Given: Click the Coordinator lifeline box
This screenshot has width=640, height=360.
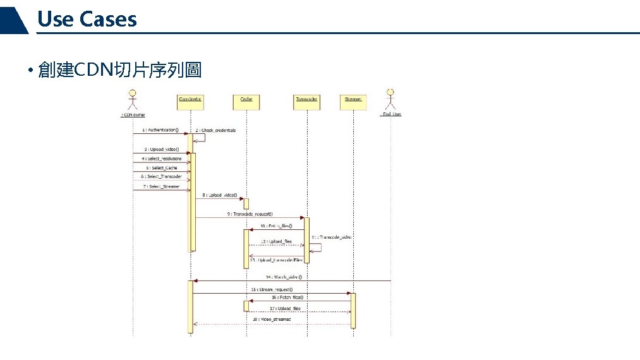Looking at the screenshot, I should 190,101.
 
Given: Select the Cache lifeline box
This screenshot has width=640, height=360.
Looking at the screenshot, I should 246,101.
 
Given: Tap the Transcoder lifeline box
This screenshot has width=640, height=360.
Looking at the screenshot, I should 307,101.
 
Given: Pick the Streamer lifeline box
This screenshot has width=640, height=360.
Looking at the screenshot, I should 353,101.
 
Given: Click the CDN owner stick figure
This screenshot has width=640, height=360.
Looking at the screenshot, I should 133,99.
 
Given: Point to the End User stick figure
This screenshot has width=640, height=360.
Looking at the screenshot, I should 391,99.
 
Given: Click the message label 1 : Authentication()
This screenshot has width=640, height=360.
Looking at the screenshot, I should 160,130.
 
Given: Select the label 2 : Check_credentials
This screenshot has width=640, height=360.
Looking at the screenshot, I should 215,130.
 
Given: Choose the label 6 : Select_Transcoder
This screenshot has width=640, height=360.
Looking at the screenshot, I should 161,177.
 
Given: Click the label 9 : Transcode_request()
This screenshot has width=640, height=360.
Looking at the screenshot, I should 250,214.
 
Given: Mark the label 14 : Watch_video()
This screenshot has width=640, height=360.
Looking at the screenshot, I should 284,277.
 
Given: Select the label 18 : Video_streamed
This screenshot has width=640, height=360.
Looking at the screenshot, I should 272,320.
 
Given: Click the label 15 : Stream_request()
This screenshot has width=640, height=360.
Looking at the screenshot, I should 272,289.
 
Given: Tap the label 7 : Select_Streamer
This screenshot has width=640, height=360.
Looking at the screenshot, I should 161,186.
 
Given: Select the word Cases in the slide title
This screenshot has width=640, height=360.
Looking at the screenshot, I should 108,20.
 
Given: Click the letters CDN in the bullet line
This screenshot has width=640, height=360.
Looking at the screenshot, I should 93,70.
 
